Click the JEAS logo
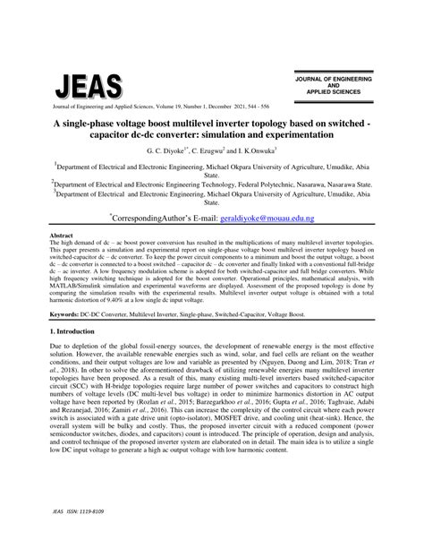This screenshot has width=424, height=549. point(89,86)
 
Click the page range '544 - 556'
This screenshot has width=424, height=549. point(261,107)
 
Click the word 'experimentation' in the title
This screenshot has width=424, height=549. point(288,134)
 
